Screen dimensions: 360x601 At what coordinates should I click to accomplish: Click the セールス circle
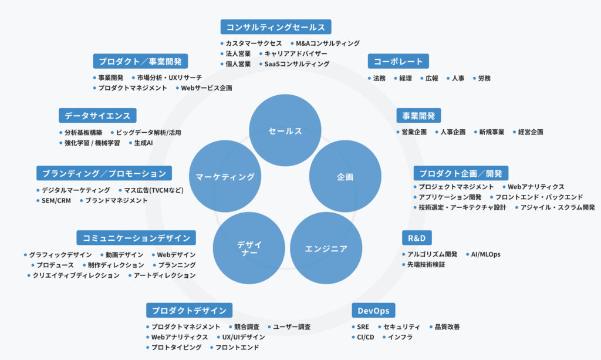click(x=285, y=130)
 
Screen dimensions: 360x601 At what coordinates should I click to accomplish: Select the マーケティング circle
click(x=225, y=176)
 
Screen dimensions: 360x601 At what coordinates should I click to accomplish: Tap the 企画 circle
click(x=345, y=176)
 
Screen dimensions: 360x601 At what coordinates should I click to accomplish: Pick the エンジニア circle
click(x=326, y=248)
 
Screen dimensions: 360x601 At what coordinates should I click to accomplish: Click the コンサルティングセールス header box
click(x=275, y=27)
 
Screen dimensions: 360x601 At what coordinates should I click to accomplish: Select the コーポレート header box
click(x=398, y=61)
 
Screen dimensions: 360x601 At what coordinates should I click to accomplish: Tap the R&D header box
click(x=417, y=237)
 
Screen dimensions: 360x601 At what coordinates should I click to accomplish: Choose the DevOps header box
click(x=373, y=310)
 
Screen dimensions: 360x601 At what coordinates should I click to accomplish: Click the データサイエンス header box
click(x=97, y=115)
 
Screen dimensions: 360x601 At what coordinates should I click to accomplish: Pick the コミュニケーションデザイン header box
click(x=136, y=237)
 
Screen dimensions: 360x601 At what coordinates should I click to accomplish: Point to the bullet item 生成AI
click(x=143, y=143)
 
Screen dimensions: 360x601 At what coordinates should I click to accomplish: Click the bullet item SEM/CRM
click(x=56, y=201)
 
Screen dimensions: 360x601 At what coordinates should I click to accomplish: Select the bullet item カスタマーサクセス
click(x=254, y=43)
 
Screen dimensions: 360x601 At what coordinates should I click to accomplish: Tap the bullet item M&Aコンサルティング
click(x=327, y=43)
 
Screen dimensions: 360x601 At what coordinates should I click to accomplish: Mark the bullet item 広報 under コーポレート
click(x=432, y=78)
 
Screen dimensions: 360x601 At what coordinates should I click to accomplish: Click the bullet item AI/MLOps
click(x=486, y=254)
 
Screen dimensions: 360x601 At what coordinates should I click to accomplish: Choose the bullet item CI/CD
click(x=365, y=337)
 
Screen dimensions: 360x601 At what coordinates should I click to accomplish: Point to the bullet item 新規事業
click(x=491, y=132)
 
